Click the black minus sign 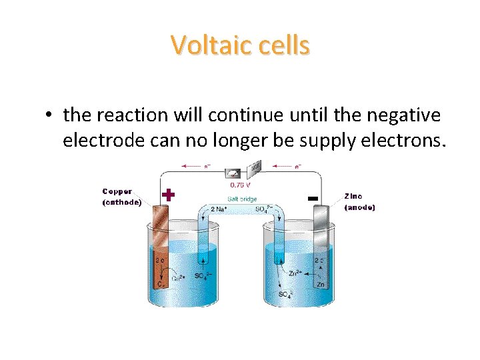click(311, 198)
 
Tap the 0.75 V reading click(240, 184)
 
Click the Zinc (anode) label click(359, 201)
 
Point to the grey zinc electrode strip click(320, 247)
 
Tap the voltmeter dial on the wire click(234, 171)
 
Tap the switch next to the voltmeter click(255, 169)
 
